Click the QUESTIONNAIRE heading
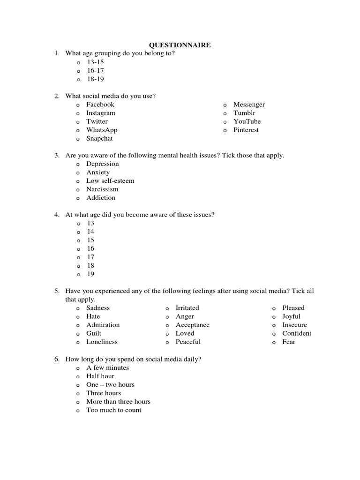coord(180,45)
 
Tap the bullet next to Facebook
coord(78,105)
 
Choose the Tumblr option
coord(244,113)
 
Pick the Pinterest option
coord(246,130)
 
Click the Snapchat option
coord(99,138)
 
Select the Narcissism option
coord(102,189)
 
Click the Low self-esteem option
coord(110,181)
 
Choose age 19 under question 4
coord(90,274)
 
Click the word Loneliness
coord(102,342)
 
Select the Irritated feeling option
coord(187,308)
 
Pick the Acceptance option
coord(192,325)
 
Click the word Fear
coord(289,342)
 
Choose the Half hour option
coord(100,376)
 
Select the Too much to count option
coord(113,410)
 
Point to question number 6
coord(56,360)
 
